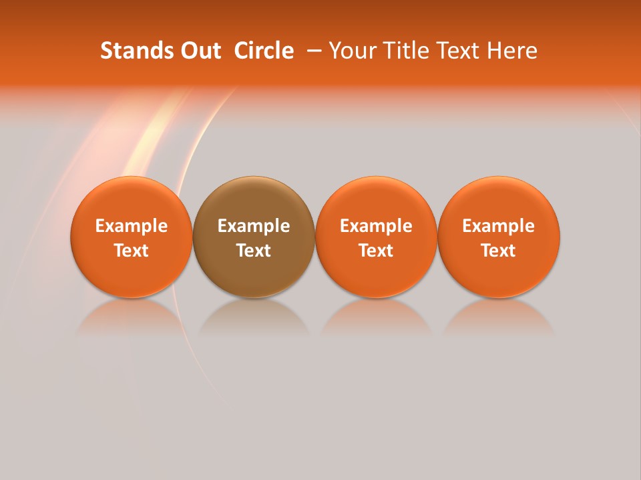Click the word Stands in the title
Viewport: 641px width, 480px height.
pos(129,51)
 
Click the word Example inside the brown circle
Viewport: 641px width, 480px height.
pos(254,226)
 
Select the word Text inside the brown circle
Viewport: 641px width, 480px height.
pos(254,251)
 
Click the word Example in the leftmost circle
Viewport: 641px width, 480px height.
pos(132,226)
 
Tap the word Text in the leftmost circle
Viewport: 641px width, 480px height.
pos(132,251)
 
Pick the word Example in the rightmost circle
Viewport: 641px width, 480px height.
pos(498,226)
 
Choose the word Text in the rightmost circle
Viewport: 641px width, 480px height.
pos(498,251)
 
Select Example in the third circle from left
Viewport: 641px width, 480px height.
pos(376,226)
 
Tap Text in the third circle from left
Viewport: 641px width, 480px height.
pos(376,251)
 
